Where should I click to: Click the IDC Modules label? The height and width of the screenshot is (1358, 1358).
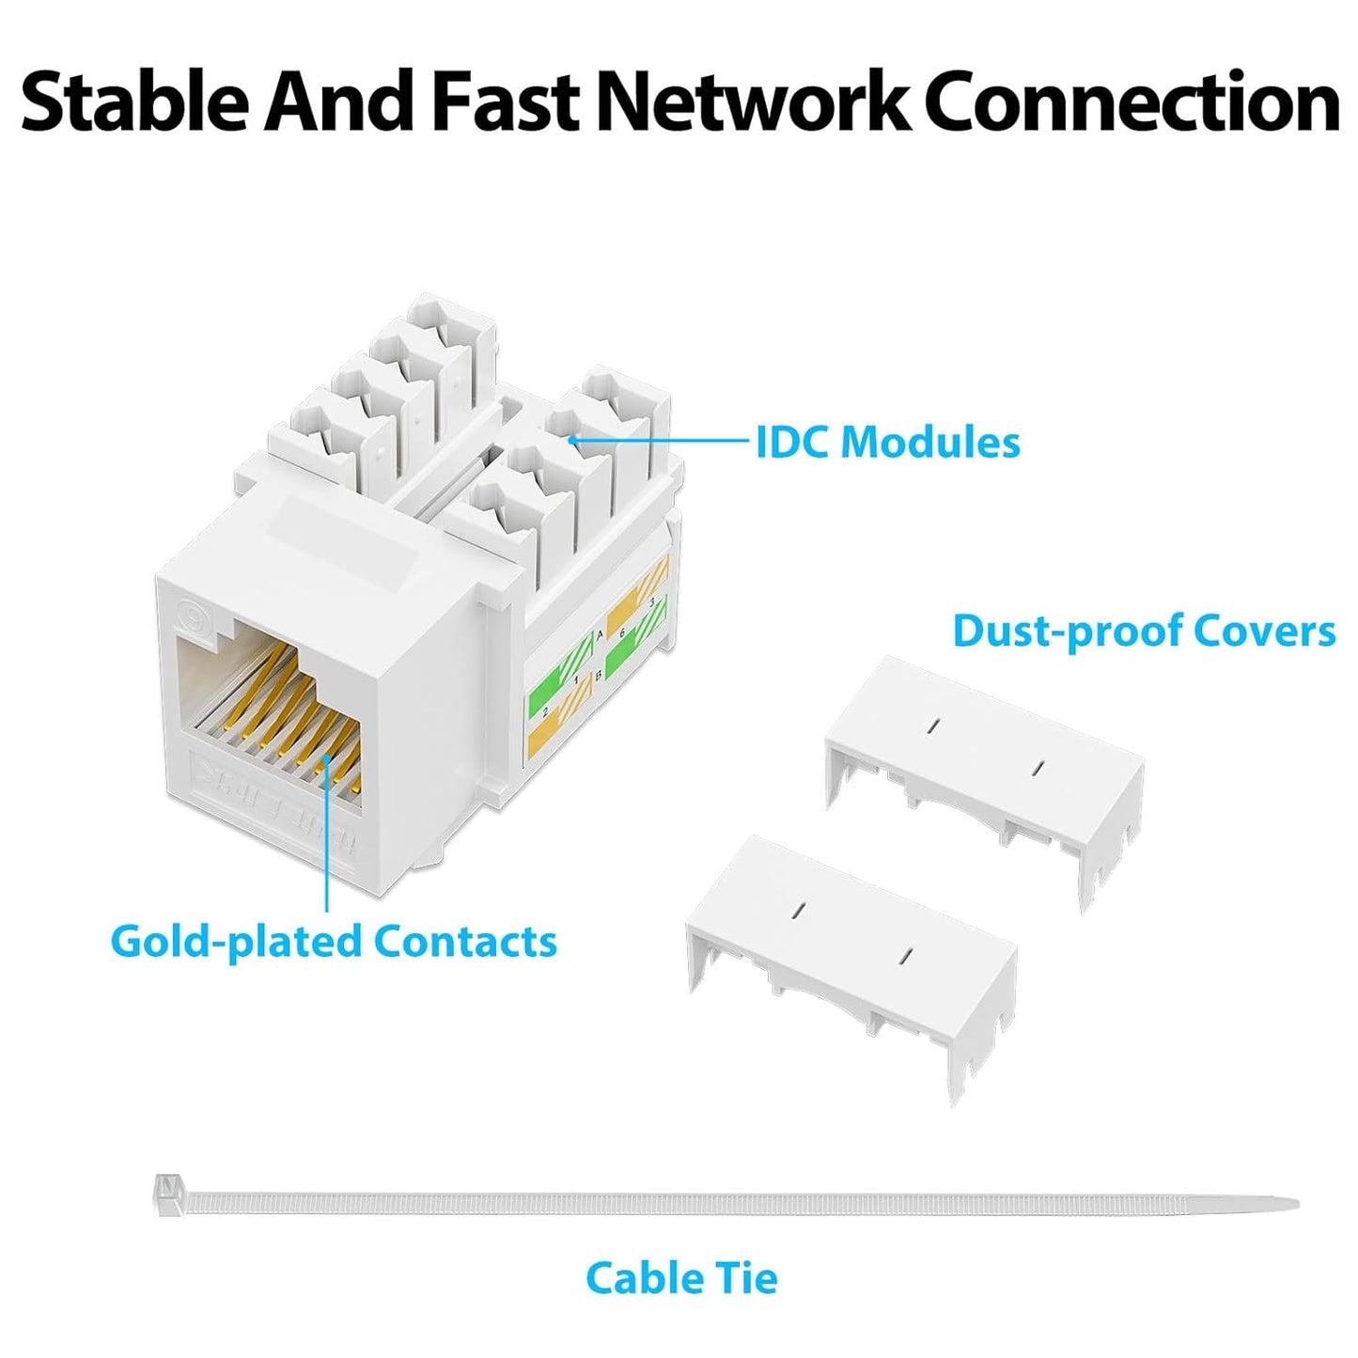pyautogui.click(x=887, y=442)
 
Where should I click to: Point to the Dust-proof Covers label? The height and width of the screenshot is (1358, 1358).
pyautogui.click(x=1143, y=631)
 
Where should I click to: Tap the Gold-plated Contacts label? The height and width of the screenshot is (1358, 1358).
pyautogui.click(x=334, y=941)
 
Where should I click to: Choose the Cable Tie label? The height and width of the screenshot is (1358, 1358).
pyautogui.click(x=681, y=1278)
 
